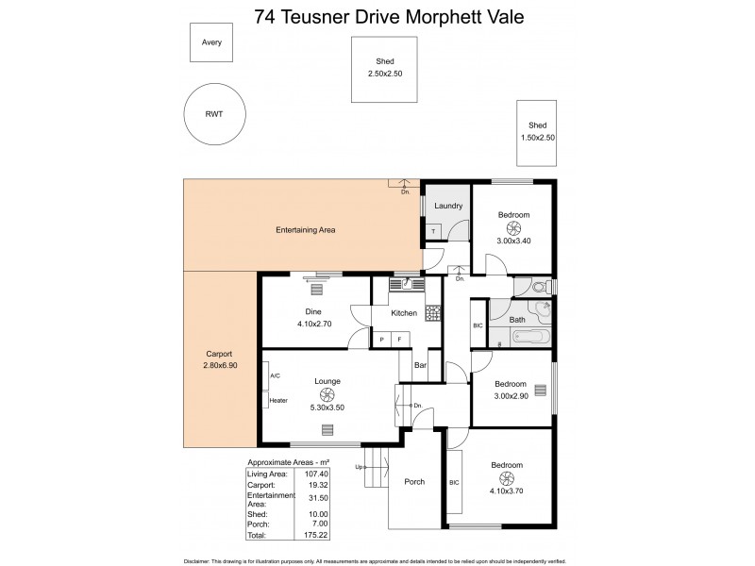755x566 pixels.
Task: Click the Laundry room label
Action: point(447,206)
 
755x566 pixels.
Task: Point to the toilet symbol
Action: point(540,287)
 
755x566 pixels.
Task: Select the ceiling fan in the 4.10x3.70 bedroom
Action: point(506,478)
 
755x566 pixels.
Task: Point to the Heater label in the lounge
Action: point(278,400)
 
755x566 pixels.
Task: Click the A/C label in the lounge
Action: point(276,375)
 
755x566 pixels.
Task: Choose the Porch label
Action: point(414,482)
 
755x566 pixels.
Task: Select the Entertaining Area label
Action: point(305,229)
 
